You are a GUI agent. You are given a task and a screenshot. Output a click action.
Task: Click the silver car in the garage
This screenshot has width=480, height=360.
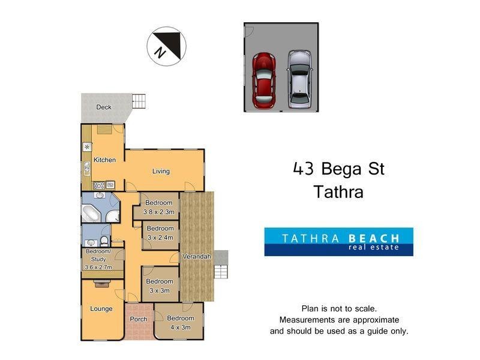pos(300,79)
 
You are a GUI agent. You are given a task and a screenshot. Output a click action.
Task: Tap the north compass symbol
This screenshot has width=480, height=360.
pos(166,46)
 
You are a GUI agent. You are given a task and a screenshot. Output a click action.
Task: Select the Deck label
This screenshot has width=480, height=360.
pos(104,107)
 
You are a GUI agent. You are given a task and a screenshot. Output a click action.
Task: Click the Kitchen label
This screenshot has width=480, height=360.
pos(104,160)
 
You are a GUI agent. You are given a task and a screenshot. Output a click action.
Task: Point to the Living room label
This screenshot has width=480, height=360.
pos(161,172)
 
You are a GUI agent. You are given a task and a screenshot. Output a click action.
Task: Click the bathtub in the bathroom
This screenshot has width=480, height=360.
pos(94,213)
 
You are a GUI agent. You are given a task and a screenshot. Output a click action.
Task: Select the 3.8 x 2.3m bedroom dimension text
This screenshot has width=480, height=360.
pos(159,212)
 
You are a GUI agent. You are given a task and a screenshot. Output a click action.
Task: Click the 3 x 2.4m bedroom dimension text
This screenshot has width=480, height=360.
pos(160,237)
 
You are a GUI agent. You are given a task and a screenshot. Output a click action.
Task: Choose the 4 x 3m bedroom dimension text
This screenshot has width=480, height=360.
pos(180,327)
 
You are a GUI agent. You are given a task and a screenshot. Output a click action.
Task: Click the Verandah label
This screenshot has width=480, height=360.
pos(197,257)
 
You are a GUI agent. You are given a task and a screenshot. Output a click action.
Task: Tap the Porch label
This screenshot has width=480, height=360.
pos(139,319)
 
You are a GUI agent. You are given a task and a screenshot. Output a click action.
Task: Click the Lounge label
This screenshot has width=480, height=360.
pos(101,309)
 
